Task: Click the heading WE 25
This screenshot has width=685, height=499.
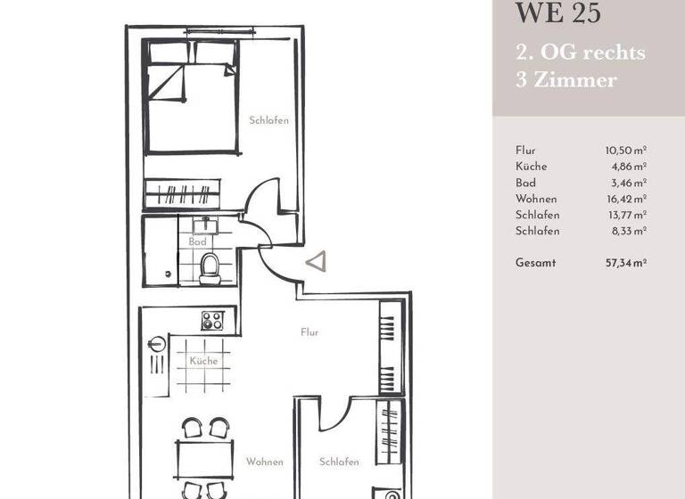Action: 558,14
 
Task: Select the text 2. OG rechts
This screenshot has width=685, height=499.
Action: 580,52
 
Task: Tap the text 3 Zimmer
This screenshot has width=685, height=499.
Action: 565,80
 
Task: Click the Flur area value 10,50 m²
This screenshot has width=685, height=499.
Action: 625,151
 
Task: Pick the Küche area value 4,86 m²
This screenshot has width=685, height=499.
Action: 628,167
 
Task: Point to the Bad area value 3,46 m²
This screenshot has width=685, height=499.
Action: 628,183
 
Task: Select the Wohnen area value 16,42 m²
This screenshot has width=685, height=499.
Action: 625,199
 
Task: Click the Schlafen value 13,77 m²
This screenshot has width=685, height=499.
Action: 625,215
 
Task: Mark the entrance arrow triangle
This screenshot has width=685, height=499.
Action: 316,262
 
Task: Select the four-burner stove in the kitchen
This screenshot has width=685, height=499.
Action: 212,321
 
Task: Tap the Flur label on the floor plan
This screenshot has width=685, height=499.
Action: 309,332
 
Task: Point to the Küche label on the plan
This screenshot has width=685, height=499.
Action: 202,362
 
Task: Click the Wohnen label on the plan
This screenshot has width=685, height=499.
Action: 265,462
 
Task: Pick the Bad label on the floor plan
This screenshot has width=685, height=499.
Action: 197,241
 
